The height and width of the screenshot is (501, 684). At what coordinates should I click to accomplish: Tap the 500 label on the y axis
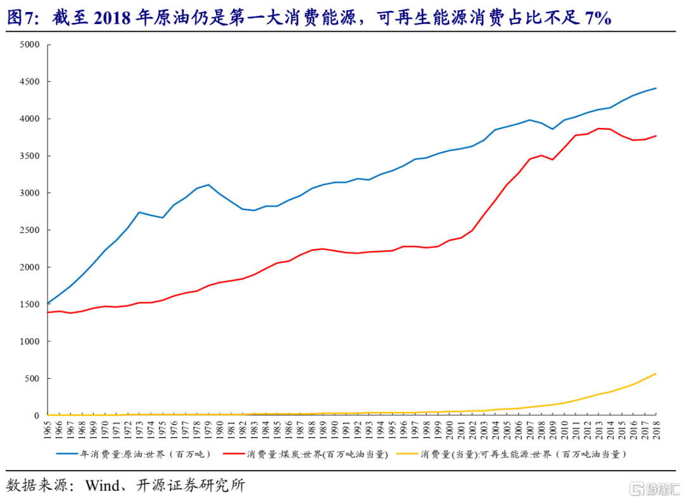pos(32,378)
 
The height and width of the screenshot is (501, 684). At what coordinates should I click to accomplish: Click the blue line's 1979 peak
pos(208,185)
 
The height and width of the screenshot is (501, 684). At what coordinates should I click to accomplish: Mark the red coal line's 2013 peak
pos(598,129)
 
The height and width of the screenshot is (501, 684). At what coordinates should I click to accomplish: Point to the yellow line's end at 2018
pos(655,374)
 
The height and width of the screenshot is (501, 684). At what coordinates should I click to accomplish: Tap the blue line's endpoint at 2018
pos(655,88)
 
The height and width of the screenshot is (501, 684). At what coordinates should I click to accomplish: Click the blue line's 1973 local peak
pos(139,212)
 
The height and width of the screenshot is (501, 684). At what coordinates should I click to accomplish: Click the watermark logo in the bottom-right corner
pos(652,488)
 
